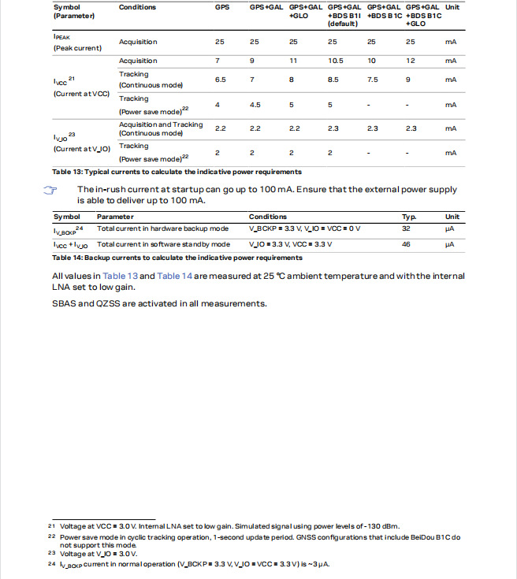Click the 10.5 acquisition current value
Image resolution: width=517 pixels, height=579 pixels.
click(x=334, y=61)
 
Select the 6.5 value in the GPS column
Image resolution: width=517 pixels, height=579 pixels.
click(x=221, y=80)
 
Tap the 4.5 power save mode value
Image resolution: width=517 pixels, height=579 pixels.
click(x=255, y=105)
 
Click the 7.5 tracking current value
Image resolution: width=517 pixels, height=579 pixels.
click(x=372, y=80)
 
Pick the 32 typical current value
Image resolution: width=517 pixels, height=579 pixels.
click(x=407, y=228)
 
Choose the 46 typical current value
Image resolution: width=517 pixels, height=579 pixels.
click(x=407, y=244)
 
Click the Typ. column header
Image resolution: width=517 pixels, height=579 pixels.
click(x=409, y=217)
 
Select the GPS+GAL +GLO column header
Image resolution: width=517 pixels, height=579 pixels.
click(x=303, y=11)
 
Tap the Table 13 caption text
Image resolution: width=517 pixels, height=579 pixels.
click(x=177, y=172)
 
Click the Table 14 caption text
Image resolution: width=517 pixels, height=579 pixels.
click(x=177, y=258)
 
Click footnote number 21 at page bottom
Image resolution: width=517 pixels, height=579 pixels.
click(x=52, y=526)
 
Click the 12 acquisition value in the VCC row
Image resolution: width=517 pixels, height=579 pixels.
click(x=411, y=61)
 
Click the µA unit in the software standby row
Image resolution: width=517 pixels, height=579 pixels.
click(x=451, y=244)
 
